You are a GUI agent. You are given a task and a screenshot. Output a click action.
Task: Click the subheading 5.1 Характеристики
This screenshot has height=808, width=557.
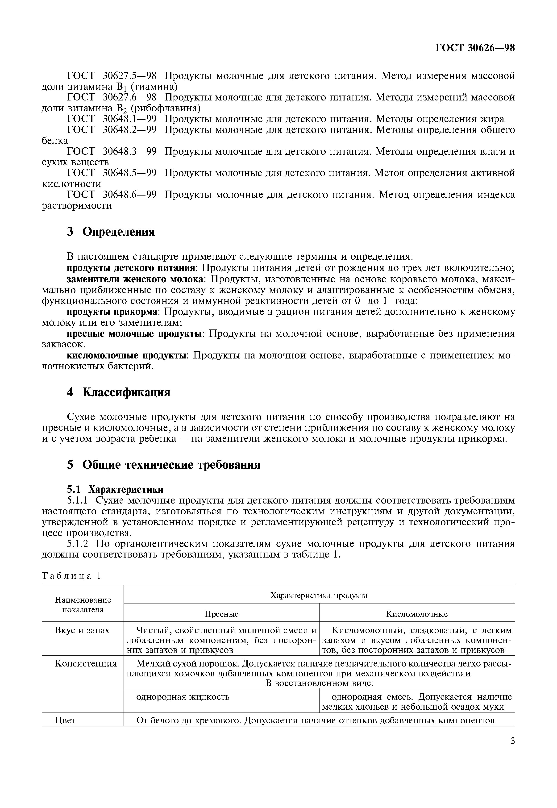[115, 489]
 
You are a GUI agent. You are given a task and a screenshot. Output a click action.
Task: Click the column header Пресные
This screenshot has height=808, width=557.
[221, 614]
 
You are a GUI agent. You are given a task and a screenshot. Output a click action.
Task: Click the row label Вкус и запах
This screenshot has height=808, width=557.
[82, 630]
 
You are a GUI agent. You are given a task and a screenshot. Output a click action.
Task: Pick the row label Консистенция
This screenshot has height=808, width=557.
[86, 663]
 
